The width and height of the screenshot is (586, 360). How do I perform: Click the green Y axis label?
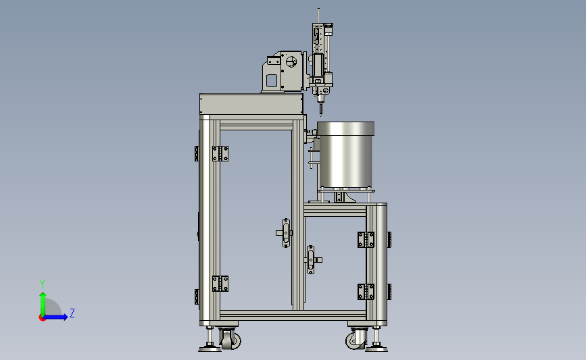tap(43, 284)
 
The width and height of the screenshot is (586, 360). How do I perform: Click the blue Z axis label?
tap(72, 313)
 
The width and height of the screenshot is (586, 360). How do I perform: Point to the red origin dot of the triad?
tap(42, 317)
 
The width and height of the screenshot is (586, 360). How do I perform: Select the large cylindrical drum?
tap(345, 155)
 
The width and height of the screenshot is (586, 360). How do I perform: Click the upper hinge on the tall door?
tap(220, 153)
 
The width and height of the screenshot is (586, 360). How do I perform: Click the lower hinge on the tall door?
tap(220, 284)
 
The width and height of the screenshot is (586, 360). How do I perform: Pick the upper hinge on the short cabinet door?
tap(366, 240)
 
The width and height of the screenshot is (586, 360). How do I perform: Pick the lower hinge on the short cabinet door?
tap(366, 292)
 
